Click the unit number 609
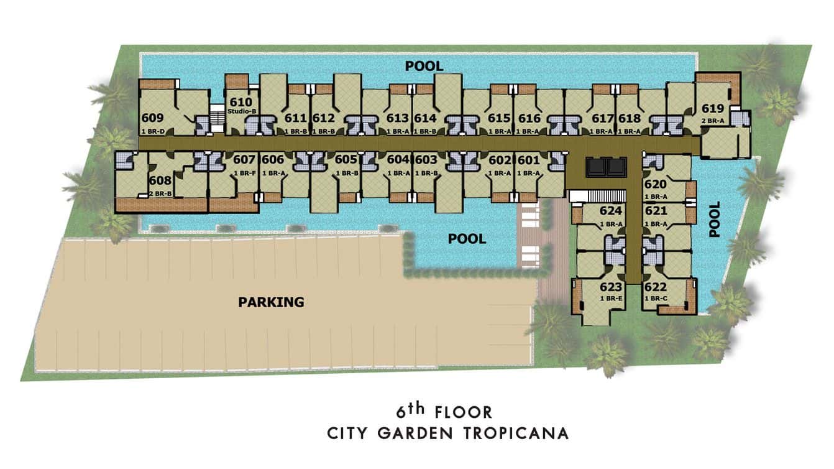(153, 118)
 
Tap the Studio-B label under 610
(242, 111)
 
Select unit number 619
(713, 108)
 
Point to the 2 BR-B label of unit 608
(160, 194)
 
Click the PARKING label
(271, 302)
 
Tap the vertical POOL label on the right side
(715, 220)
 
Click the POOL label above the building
(424, 67)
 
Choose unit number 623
(611, 287)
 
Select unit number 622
(655, 287)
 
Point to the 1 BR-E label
(611, 299)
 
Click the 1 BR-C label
(656, 299)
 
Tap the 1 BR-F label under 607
(245, 173)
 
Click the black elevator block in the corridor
(607, 167)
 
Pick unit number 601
(529, 160)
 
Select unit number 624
(611, 211)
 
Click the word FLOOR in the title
(464, 412)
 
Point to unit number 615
(499, 118)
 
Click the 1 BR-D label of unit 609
(153, 131)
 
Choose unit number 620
(655, 184)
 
